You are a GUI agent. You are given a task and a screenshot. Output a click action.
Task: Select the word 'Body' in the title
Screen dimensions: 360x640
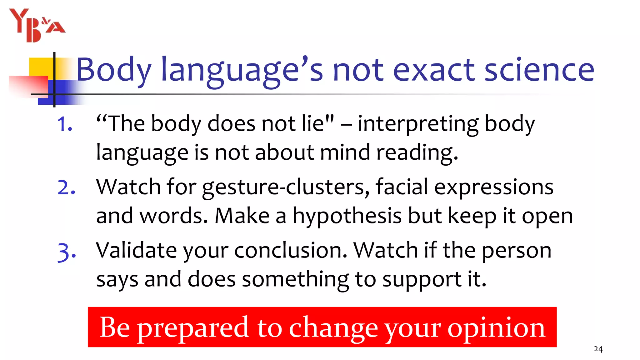(114, 70)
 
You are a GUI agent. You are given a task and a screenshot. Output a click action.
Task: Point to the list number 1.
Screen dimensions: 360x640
(65, 124)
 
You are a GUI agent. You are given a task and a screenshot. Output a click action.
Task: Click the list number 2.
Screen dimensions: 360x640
(66, 187)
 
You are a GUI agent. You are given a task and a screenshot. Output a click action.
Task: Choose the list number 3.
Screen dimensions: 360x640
(67, 252)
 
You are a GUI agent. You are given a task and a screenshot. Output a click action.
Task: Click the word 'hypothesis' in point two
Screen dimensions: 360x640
(347, 216)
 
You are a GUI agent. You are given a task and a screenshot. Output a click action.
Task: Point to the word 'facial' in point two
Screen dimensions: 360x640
(402, 187)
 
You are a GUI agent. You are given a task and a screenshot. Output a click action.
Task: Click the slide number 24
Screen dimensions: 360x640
(598, 349)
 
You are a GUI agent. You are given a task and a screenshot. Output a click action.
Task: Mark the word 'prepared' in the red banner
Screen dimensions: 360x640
(193, 328)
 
